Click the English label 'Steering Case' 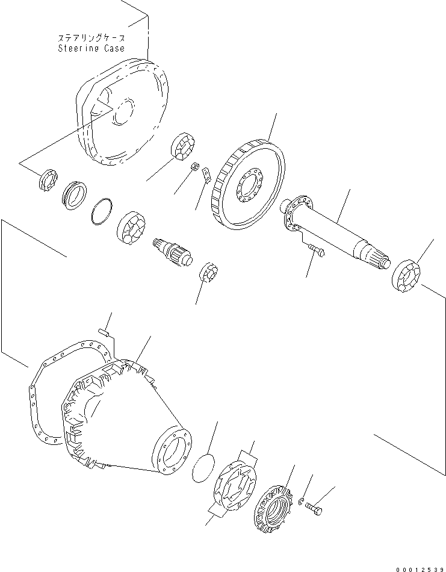tap(91, 48)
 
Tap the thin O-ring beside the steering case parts tap(102, 211)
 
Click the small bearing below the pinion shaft tap(208, 272)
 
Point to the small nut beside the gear tap(194, 166)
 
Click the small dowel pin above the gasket tap(105, 330)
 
